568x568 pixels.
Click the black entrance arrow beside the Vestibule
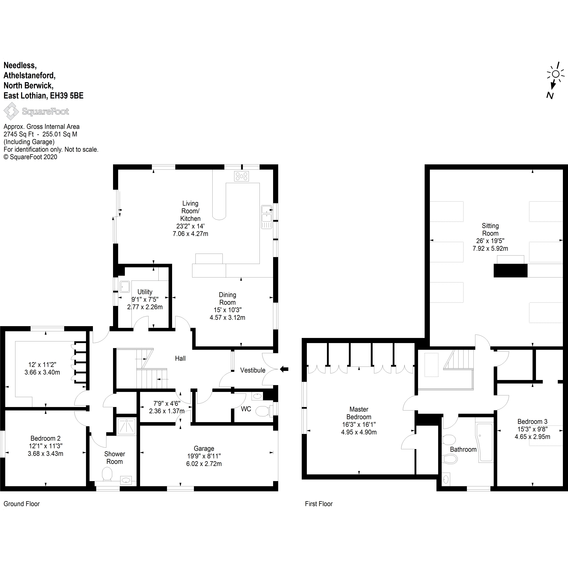tap(284, 369)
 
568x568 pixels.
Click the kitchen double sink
tap(267, 217)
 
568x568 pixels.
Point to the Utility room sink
tap(125, 287)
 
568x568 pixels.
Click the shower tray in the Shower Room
tap(126, 426)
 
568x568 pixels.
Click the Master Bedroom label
tap(359, 413)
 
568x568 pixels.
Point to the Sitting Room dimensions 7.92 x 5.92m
tap(490, 248)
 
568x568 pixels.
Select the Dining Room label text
tap(227, 298)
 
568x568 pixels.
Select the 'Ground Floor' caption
tap(21, 504)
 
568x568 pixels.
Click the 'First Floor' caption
tap(319, 504)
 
